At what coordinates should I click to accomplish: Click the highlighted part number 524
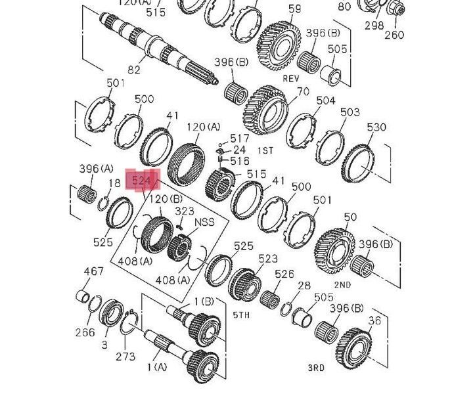141,181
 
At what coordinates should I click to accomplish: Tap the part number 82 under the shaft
134,70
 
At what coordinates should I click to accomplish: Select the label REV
291,79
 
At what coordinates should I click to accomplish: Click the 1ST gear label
265,150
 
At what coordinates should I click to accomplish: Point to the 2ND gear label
343,285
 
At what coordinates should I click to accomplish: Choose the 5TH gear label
241,315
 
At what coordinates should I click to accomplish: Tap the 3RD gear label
316,368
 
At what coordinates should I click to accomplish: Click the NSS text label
204,222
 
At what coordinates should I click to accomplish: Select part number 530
376,127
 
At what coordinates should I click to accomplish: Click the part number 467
93,271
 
